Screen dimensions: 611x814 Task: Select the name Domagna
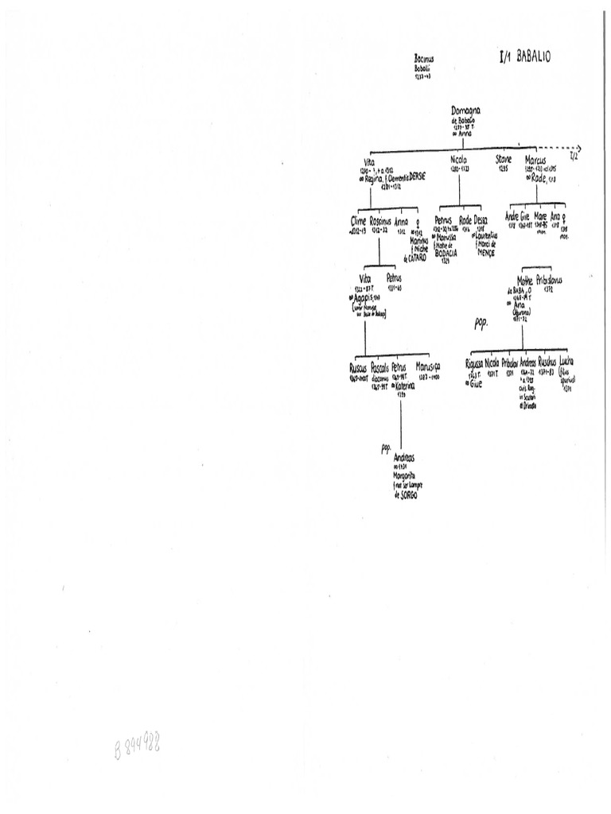[x=465, y=110]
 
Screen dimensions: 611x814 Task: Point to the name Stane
[x=504, y=160]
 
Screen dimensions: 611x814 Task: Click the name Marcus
[x=547, y=160]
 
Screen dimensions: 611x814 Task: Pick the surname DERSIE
[x=412, y=178]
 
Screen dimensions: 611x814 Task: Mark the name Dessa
[x=481, y=219]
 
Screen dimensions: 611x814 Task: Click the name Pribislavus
[x=550, y=281]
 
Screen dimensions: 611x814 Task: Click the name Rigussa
[x=475, y=363]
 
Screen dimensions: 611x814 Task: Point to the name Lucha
[x=566, y=362]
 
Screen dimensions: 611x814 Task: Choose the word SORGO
[x=407, y=494]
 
